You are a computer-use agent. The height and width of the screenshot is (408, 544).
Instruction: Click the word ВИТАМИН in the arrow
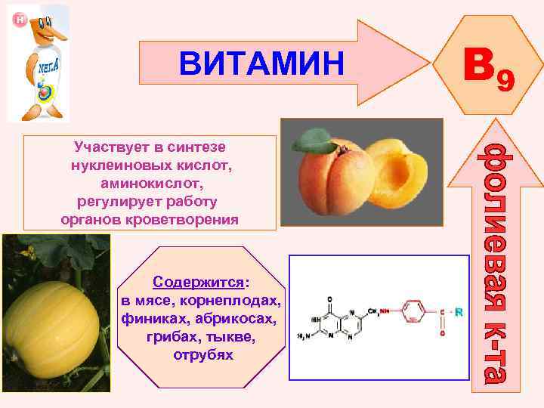click(261, 63)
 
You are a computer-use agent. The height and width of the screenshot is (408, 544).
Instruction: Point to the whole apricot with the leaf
click(332, 178)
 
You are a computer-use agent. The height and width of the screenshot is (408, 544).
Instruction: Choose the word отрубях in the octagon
click(203, 355)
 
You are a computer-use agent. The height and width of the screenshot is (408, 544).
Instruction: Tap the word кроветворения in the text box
click(193, 220)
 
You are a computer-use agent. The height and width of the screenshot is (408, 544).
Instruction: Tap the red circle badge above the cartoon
click(20, 19)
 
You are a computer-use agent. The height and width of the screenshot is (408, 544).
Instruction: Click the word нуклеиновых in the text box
click(107, 164)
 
